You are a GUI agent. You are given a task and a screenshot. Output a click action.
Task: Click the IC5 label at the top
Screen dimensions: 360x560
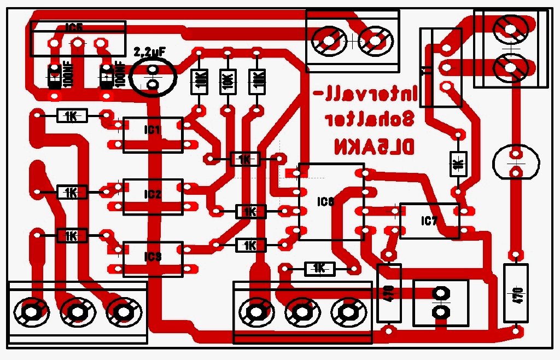click(x=74, y=26)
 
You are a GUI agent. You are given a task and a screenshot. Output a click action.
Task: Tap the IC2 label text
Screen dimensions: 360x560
click(x=153, y=194)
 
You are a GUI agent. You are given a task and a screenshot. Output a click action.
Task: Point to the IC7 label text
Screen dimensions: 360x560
click(x=429, y=221)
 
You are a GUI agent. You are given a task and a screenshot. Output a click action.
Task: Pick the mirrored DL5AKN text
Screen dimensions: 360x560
click(x=375, y=146)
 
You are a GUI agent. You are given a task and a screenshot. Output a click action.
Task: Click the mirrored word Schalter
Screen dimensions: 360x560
click(x=370, y=119)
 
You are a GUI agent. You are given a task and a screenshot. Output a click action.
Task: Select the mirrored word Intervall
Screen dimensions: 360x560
click(x=363, y=94)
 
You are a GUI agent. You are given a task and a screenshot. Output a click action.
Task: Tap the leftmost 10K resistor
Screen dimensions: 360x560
click(x=199, y=82)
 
